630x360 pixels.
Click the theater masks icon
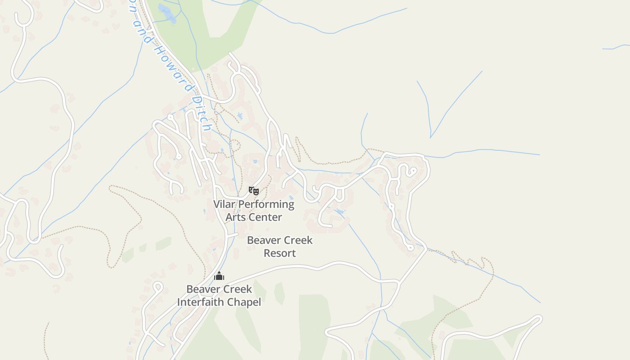[254, 191]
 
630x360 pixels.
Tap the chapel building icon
[219, 276]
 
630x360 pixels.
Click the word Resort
[279, 253]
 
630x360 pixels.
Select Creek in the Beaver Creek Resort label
[297, 240]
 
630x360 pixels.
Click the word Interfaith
[201, 302]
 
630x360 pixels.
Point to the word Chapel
[244, 302]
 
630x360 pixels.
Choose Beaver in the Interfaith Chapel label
[202, 289]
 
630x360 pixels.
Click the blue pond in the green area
[167, 13]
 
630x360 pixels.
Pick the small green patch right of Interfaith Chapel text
[279, 293]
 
